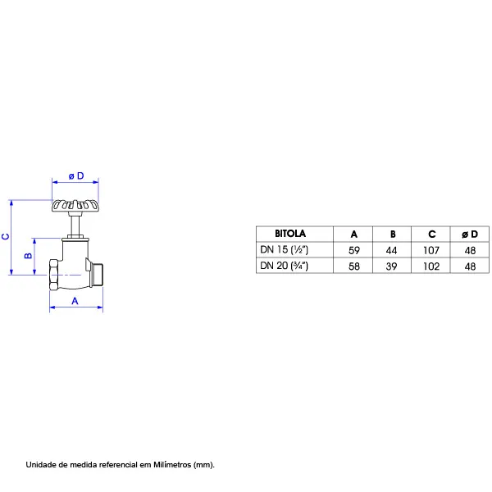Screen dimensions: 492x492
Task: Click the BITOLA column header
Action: pos(290,234)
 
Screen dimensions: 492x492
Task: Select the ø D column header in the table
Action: pos(470,234)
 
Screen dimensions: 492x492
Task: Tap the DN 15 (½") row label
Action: pos(285,250)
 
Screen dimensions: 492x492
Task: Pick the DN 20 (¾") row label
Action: pos(285,266)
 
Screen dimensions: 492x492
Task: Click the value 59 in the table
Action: pos(354,250)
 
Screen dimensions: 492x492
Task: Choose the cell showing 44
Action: pos(392,250)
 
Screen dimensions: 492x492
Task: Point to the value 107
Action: pos(431,250)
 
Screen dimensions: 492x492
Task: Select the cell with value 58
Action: pos(354,266)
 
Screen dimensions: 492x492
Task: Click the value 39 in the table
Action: pos(392,266)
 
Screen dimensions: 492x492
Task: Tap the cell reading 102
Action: pos(431,266)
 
